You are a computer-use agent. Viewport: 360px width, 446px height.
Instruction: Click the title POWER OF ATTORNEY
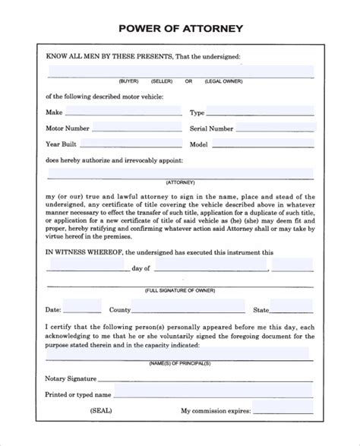point(181,29)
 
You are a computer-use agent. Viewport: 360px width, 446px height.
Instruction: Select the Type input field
point(263,112)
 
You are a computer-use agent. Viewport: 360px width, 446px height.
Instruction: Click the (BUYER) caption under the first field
point(128,81)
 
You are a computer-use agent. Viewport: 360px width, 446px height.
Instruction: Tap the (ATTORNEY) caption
point(181,183)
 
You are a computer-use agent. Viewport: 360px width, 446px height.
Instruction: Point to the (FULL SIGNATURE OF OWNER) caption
point(181,290)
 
